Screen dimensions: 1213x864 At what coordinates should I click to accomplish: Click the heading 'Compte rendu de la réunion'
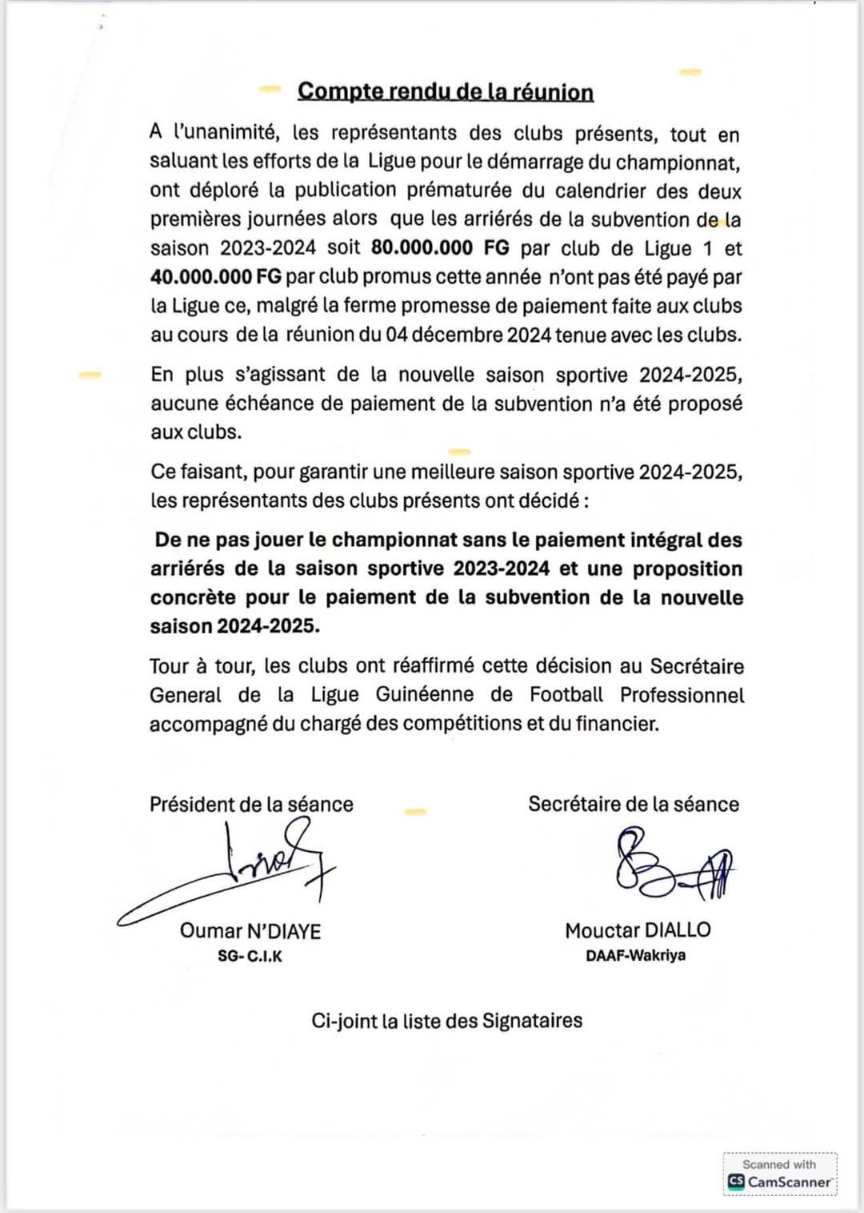tap(446, 91)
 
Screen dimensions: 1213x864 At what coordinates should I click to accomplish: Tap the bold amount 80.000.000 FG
tap(440, 248)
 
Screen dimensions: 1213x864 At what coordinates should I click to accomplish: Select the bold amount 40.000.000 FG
tap(216, 277)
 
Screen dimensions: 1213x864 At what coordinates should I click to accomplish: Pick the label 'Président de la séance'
tap(251, 804)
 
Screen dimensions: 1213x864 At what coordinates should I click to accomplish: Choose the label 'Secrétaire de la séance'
tap(634, 804)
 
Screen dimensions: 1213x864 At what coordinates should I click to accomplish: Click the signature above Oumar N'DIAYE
tap(240, 873)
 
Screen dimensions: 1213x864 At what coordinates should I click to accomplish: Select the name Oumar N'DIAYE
tap(250, 930)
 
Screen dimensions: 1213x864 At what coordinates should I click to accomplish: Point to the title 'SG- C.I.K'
tap(250, 956)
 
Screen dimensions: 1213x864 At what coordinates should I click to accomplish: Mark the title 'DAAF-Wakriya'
tap(635, 955)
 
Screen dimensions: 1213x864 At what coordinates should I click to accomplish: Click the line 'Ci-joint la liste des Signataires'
tap(446, 1021)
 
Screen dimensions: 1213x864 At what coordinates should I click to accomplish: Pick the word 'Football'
tap(566, 695)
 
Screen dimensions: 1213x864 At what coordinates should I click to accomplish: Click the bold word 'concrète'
tap(193, 597)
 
